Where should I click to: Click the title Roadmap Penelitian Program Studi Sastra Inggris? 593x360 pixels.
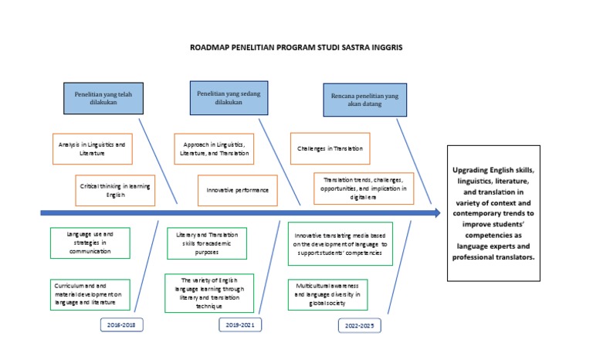(x=296, y=47)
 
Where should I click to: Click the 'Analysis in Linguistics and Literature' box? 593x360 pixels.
(x=91, y=148)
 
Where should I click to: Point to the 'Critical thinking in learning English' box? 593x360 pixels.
(x=114, y=190)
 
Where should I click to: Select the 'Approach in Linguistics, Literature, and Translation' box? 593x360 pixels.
(x=216, y=148)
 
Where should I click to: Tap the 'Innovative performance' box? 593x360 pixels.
(x=238, y=190)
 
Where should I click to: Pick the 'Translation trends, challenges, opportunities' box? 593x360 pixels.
(x=363, y=188)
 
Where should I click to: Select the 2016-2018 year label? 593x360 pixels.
(x=123, y=324)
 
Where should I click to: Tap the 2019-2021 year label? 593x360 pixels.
(x=239, y=324)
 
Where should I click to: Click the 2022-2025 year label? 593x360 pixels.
(x=361, y=326)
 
